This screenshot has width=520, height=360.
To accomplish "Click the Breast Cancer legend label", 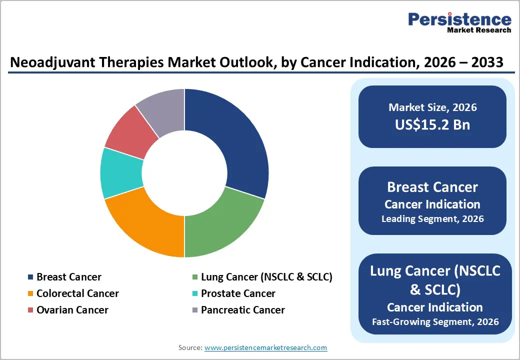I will [68, 277].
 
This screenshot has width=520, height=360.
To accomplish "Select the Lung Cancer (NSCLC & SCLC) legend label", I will [266, 277].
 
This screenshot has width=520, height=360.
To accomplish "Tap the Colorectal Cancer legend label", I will [77, 293].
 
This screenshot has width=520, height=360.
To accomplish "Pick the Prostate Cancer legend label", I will [237, 293].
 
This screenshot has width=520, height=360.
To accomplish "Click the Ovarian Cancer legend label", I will [72, 310].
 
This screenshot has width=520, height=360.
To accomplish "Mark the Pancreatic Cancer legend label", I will [242, 310].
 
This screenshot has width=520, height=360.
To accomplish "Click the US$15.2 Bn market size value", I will [432, 124].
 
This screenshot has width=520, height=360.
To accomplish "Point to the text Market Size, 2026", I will [432, 107].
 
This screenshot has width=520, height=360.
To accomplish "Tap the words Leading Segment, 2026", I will [432, 219].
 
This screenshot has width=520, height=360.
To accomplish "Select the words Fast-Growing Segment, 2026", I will [435, 321].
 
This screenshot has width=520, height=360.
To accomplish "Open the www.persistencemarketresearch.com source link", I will [265, 347].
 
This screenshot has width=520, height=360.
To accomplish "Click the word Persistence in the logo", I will [459, 19].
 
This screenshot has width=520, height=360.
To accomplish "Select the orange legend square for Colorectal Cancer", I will [30, 293].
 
